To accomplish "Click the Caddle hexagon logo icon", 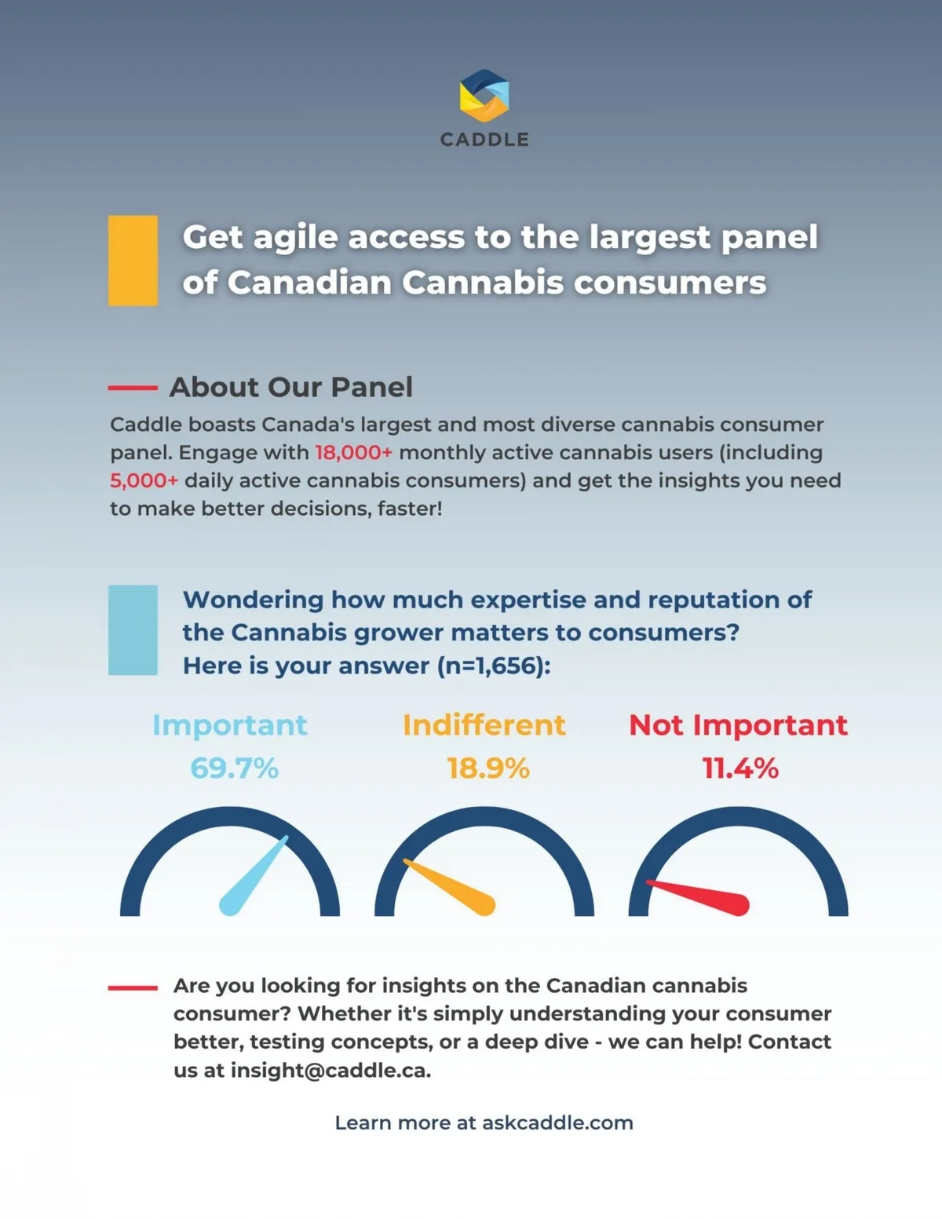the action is coord(484,95).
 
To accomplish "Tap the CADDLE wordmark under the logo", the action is coord(484,140).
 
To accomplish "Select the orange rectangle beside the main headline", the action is coord(133,261).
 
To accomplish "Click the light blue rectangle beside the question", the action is coord(133,630).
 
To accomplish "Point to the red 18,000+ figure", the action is coord(353,452).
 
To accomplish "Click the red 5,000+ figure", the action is coord(144,480).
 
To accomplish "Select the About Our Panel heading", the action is coord(291,387).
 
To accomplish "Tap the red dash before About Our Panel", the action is coord(133,388).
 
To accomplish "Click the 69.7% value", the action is coord(234,768).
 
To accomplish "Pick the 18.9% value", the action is coord(488,768).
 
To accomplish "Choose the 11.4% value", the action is coord(740,768).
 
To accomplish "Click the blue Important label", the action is coord(230,725).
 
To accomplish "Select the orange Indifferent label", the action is coord(484,724).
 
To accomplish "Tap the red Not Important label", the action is coord(739,725).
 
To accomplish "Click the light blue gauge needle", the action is coord(253,876).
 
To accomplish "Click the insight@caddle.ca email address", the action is coord(330,1071).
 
